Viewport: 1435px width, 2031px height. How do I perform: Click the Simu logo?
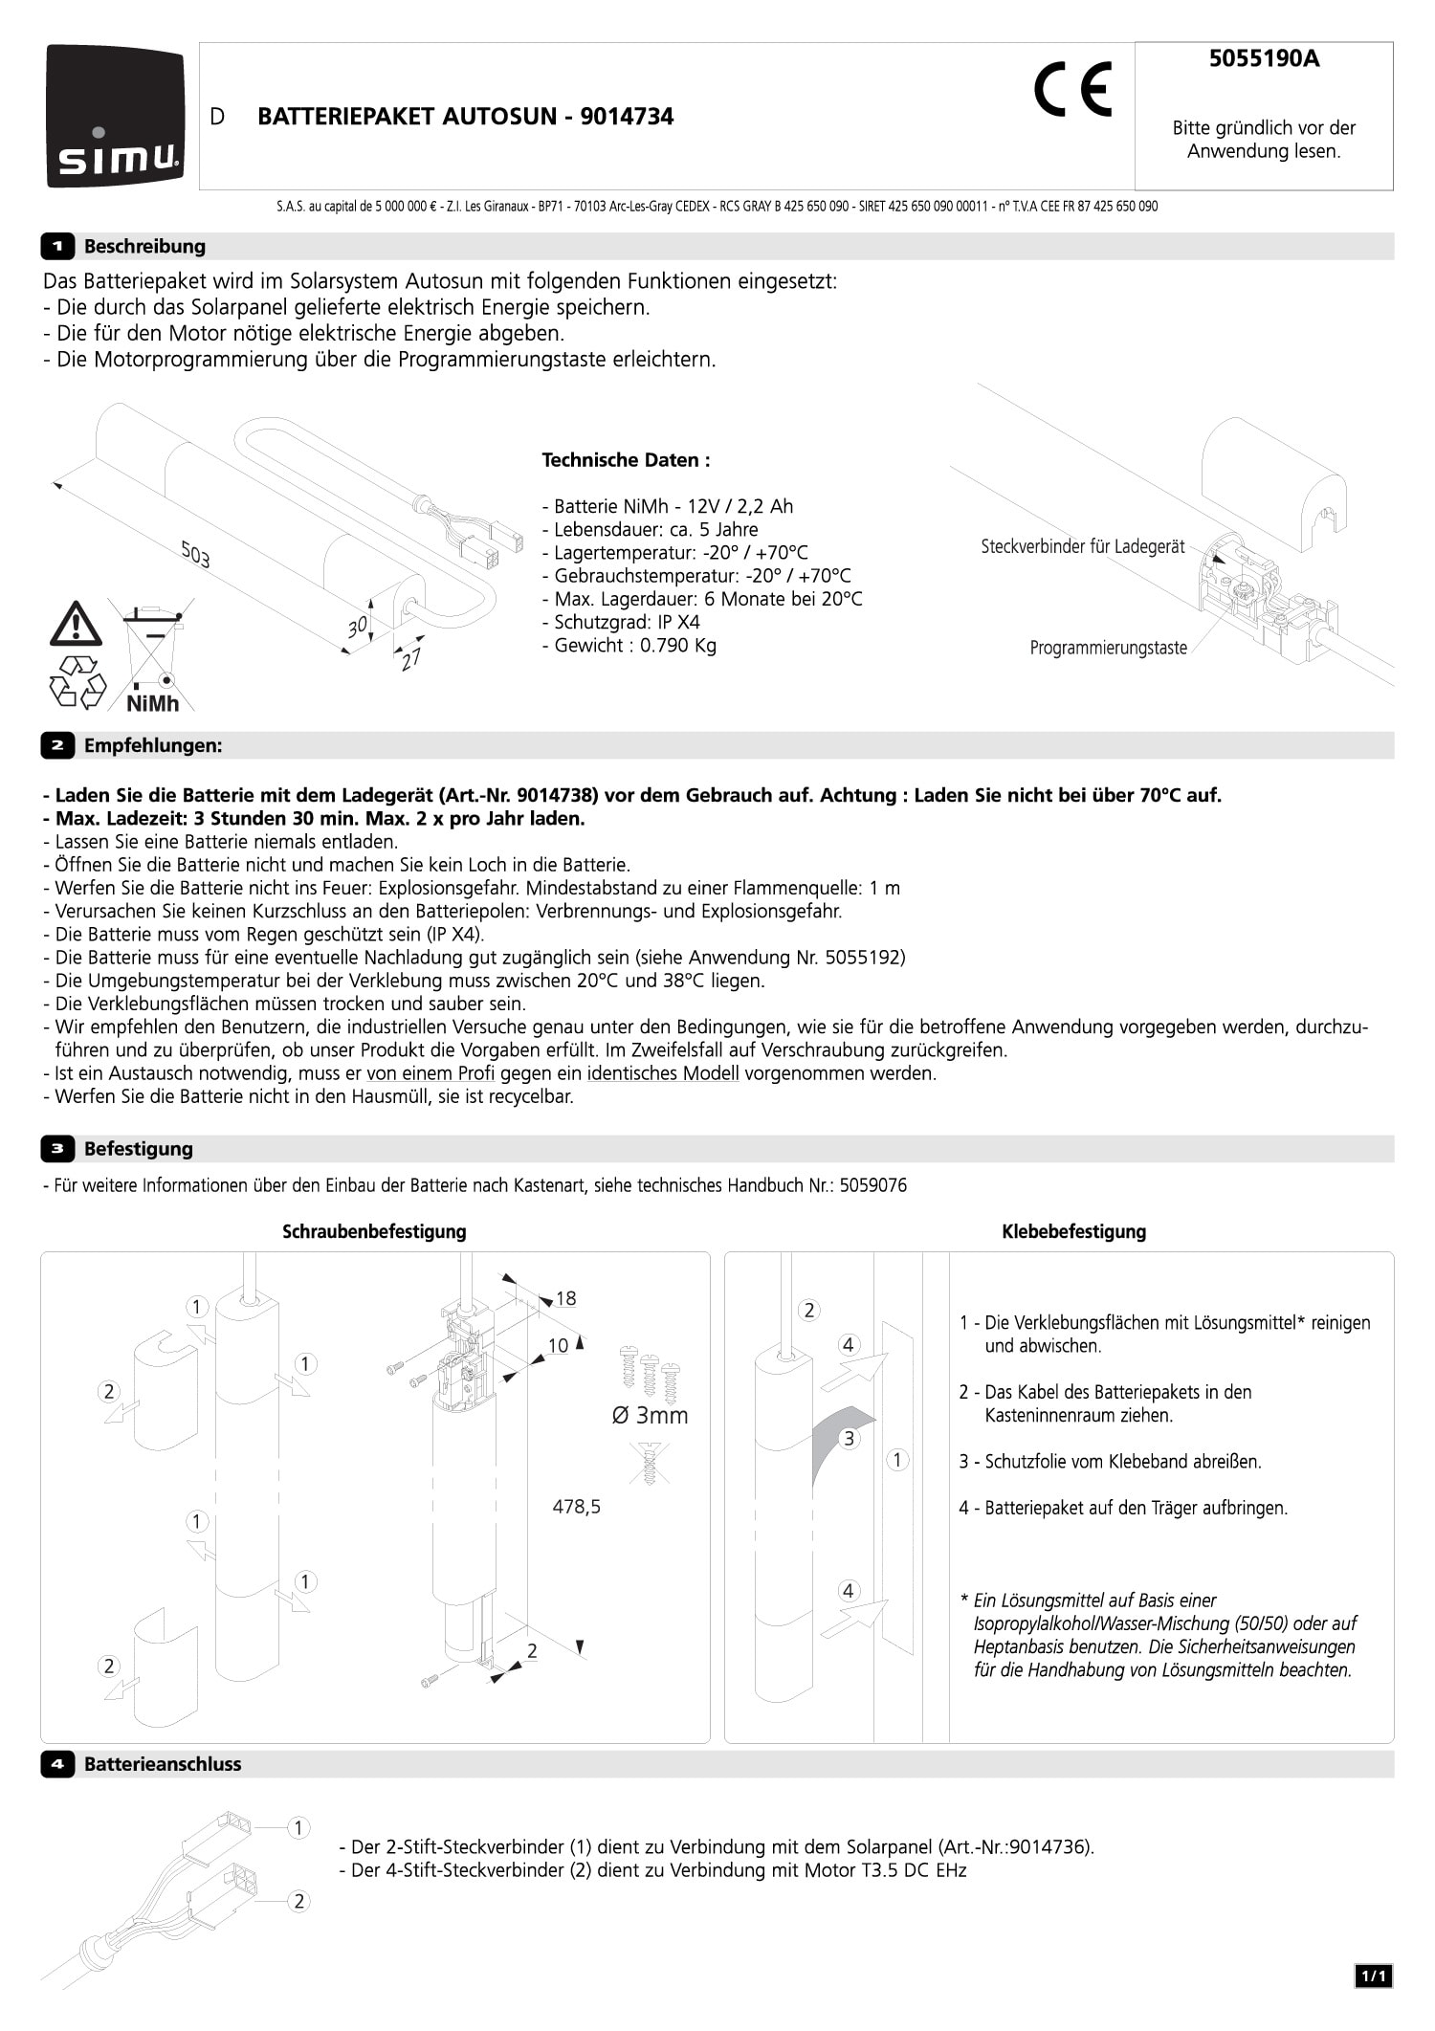(115, 116)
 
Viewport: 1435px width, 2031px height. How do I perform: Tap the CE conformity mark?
(1072, 89)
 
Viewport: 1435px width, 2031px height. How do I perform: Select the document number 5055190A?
(1264, 59)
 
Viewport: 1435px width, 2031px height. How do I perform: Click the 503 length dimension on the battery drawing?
(195, 554)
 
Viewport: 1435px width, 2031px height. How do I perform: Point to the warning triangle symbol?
(76, 624)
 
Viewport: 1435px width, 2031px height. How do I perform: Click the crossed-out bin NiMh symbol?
(153, 656)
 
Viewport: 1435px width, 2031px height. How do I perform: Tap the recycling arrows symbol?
(77, 681)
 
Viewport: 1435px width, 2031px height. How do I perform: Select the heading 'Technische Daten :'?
(626, 460)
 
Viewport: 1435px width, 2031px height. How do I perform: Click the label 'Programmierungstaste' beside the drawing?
(1108, 648)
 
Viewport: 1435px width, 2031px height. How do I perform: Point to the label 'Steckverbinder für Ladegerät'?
(1082, 546)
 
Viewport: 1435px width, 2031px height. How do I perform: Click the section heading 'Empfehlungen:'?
(153, 745)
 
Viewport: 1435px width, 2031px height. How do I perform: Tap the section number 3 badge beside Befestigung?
(57, 1148)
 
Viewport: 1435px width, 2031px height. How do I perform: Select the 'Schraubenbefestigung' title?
(374, 1231)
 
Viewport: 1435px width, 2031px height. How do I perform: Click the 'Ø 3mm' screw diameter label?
(650, 1415)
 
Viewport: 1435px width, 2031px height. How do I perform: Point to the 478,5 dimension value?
(577, 1507)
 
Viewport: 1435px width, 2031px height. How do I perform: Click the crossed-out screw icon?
(649, 1464)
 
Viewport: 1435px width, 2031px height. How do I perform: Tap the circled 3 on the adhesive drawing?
(848, 1438)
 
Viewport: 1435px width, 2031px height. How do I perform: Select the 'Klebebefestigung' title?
(1073, 1231)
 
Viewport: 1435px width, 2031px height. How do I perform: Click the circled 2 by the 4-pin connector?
(298, 1901)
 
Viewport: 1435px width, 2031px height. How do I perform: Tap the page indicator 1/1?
(1373, 1976)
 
